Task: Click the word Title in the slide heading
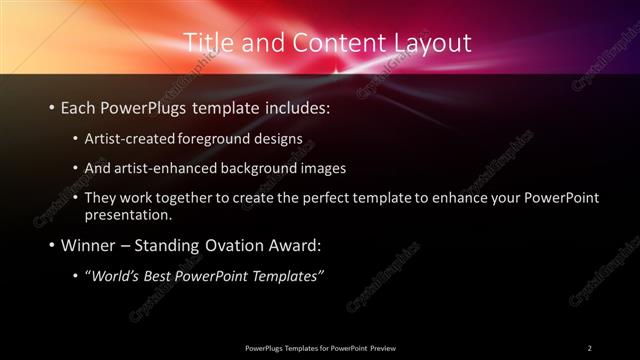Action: [x=207, y=42]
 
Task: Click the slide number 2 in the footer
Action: [x=590, y=347]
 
